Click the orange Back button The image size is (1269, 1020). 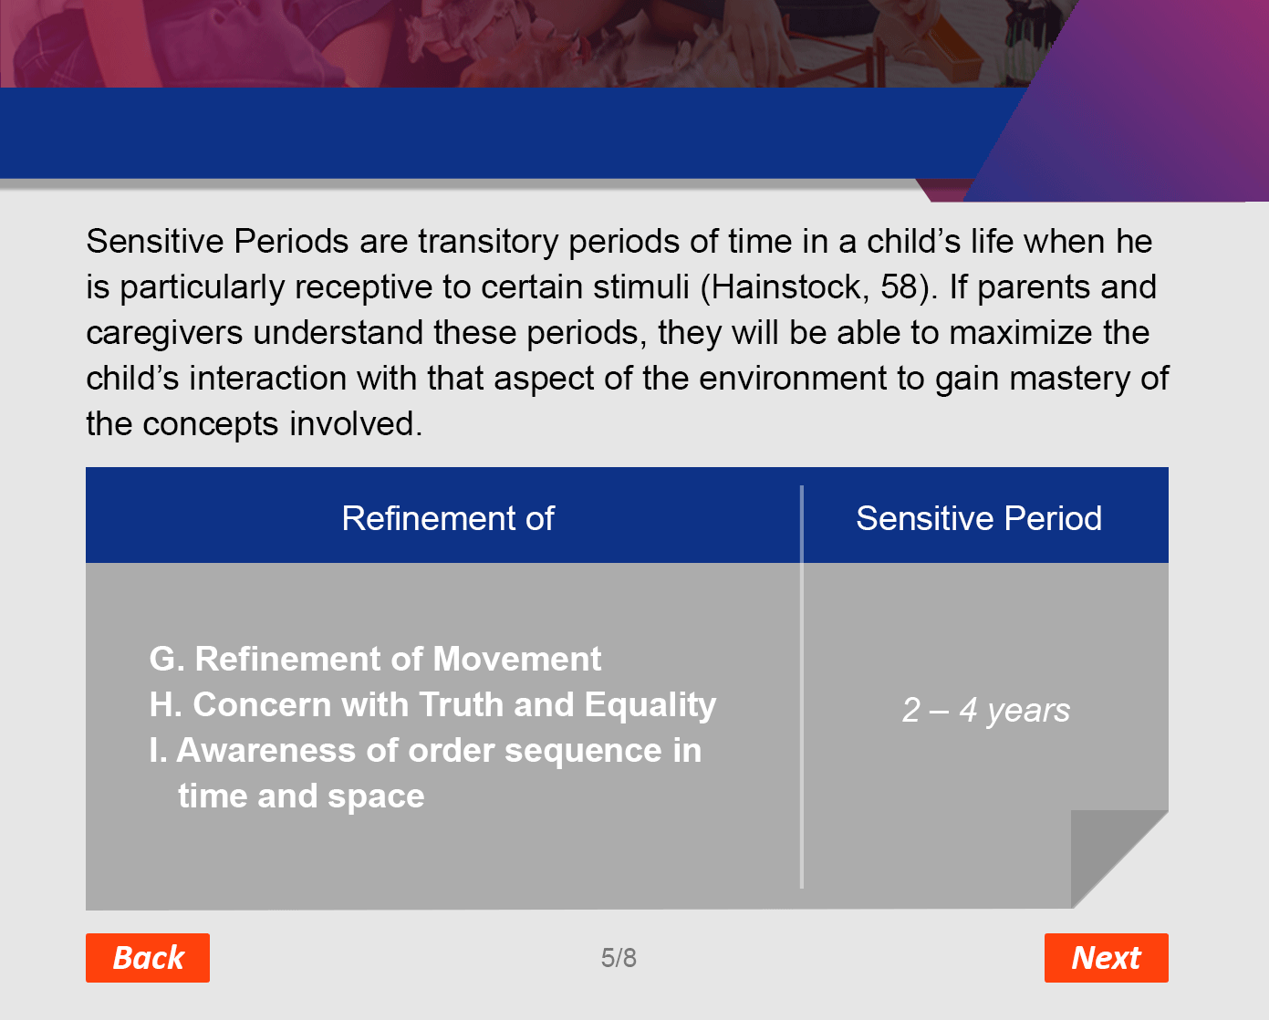pos(148,957)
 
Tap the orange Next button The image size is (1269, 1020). pos(1107,957)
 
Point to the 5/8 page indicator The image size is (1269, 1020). pos(619,957)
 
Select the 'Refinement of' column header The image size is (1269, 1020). pos(448,518)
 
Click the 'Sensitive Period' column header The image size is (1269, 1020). pos(979,518)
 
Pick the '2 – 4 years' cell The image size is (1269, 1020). pos(986,710)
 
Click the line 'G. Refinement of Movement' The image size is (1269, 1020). pos(375,659)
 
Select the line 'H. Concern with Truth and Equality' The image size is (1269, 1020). pos(432,705)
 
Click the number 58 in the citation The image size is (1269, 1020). pos(900,287)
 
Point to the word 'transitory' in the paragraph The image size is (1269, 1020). pos(488,243)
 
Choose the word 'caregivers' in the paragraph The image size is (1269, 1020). pos(164,334)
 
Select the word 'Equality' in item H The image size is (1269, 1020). pos(650,705)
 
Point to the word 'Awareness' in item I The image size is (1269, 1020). pos(266,750)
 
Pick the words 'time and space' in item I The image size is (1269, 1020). pos(301,797)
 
